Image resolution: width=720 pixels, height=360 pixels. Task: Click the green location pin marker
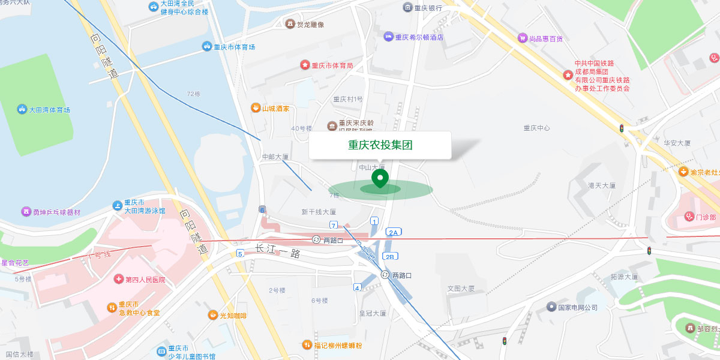[380, 178]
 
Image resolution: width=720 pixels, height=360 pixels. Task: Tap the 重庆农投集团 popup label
[380, 145]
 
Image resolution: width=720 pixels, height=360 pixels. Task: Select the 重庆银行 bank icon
[408, 8]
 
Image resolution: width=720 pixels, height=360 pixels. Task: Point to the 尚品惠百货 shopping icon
[522, 38]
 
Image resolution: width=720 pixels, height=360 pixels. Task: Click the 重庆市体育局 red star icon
[304, 65]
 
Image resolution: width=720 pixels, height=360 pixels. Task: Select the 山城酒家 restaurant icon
[255, 109]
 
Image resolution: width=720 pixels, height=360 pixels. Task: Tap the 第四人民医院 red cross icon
[118, 280]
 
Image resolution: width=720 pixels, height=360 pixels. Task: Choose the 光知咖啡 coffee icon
[213, 316]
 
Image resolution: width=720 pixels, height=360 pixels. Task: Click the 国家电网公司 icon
[551, 307]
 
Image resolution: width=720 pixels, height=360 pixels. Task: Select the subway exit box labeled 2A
[393, 232]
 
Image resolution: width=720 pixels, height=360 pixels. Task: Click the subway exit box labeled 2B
[390, 257]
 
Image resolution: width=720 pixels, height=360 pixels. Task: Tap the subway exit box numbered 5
[240, 253]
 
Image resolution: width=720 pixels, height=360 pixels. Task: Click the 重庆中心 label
[536, 128]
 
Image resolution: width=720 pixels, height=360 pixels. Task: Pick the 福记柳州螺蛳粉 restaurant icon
[307, 345]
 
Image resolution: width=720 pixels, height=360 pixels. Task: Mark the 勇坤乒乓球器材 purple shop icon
[26, 212]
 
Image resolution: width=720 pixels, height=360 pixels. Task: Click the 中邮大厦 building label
[275, 157]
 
